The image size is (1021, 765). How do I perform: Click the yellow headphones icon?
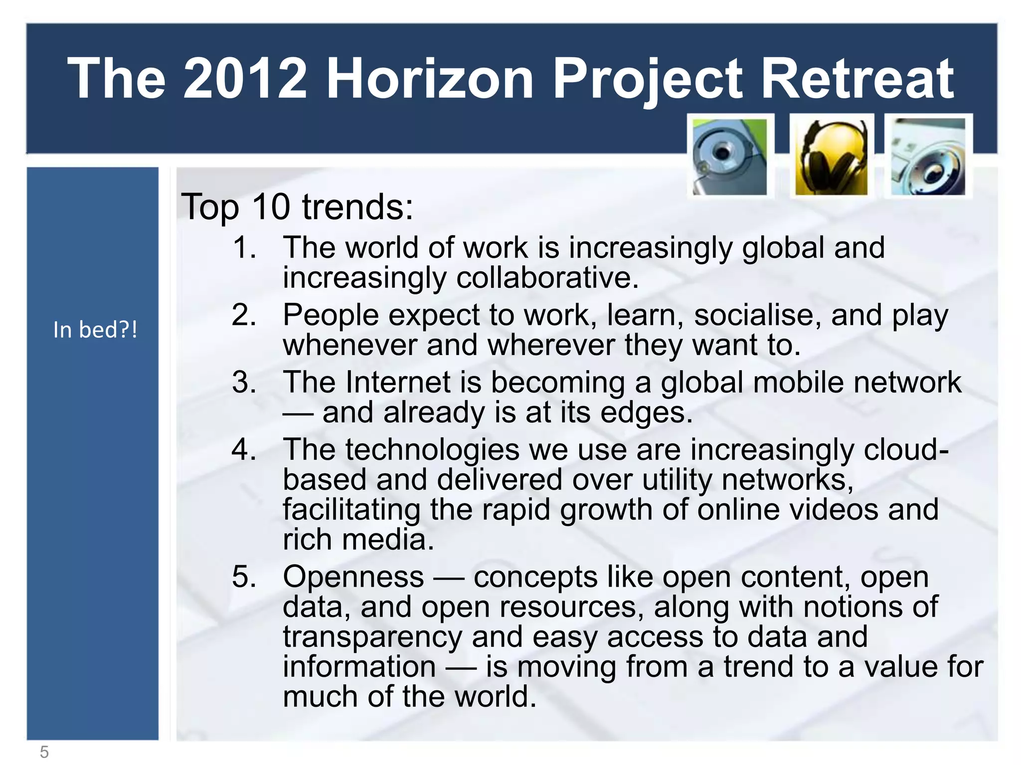tap(831, 157)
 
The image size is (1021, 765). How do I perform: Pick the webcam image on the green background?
tap(730, 157)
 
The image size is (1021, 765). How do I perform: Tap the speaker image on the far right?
tap(928, 157)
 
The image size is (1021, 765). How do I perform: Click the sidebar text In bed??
tap(95, 330)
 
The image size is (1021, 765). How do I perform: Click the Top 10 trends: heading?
tap(297, 207)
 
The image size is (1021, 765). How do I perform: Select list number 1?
tap(244, 248)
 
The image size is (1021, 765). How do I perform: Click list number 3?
tap(244, 382)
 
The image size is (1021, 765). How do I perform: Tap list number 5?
tap(244, 577)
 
